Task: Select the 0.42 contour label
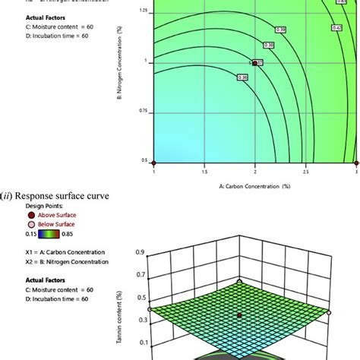pos(336,27)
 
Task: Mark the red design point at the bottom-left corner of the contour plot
pos(154,163)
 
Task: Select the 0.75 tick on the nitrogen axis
pos(144,111)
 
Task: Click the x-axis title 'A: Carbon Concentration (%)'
pos(255,185)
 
